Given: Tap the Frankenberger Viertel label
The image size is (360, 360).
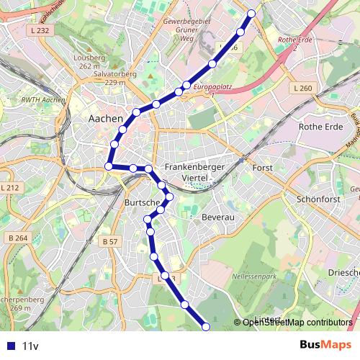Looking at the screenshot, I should point(194,173).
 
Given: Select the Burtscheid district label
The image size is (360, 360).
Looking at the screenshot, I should point(141,202).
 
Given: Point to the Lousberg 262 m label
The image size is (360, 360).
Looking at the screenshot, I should point(89,62).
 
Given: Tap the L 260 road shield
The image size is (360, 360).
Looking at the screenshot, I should point(304,89).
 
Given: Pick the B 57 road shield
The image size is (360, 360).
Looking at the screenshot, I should point(109,242).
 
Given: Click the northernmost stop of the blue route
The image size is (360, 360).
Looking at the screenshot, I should point(251,13).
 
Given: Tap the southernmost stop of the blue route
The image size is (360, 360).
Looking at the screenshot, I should point(205,327).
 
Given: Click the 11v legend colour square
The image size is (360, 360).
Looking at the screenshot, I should point(9,346).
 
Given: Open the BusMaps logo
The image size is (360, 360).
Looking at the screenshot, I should point(326,345).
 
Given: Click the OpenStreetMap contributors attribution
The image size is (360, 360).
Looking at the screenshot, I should point(297,323).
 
